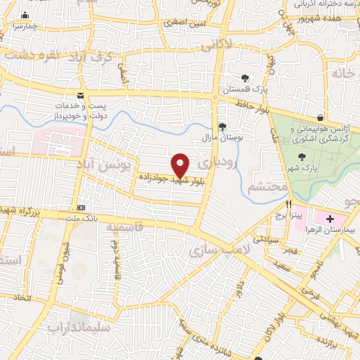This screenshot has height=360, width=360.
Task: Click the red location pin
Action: pyautogui.click(x=181, y=166)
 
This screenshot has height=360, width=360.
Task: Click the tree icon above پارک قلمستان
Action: pyautogui.click(x=245, y=78)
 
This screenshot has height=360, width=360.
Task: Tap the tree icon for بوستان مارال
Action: pyautogui.click(x=222, y=127)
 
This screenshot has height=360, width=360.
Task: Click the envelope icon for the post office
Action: pyautogui.click(x=80, y=96)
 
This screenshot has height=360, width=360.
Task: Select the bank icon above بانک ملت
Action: pyautogui.click(x=82, y=207)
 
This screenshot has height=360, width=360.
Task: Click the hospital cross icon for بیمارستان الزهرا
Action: pyautogui.click(x=330, y=219)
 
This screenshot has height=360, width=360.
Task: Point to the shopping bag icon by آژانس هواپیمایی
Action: pyautogui.click(x=321, y=117)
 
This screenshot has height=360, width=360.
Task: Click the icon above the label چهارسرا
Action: pyautogui.click(x=26, y=15)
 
